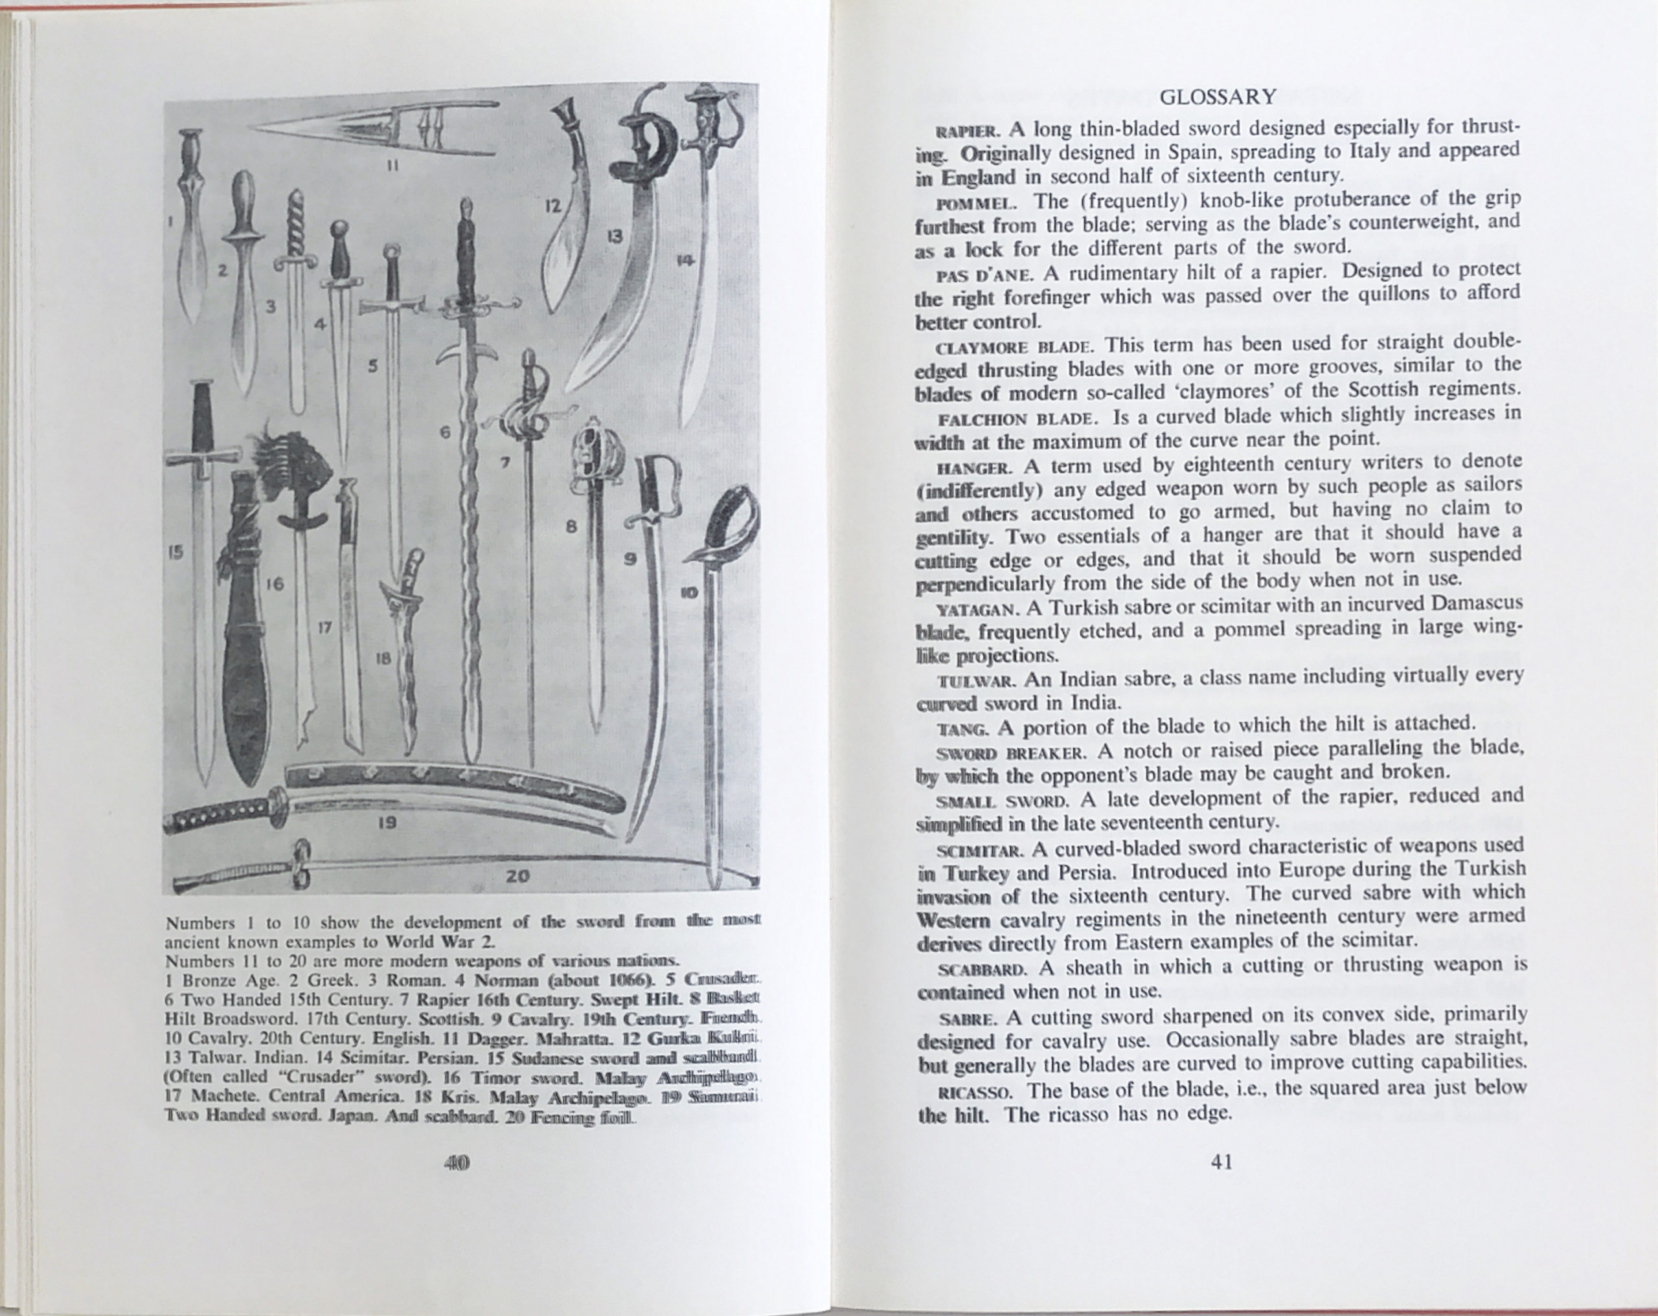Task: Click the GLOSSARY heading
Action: coord(1218,98)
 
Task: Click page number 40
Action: coord(457,1163)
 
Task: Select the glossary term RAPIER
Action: coord(957,131)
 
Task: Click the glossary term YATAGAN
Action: coord(977,610)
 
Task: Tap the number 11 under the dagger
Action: coord(391,164)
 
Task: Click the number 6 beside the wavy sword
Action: coord(444,432)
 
